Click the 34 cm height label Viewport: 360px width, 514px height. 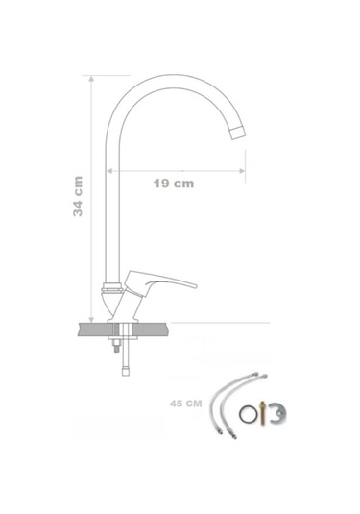tap(78, 196)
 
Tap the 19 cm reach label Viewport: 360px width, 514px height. tap(174, 184)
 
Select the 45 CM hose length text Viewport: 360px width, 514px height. tap(185, 404)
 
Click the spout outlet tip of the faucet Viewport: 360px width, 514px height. tap(238, 133)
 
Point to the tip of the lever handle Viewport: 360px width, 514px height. tap(195, 286)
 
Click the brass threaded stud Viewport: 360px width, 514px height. tap(262, 413)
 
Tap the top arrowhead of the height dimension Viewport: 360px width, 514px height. tap(91, 79)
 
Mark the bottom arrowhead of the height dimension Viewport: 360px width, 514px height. tap(91, 320)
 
